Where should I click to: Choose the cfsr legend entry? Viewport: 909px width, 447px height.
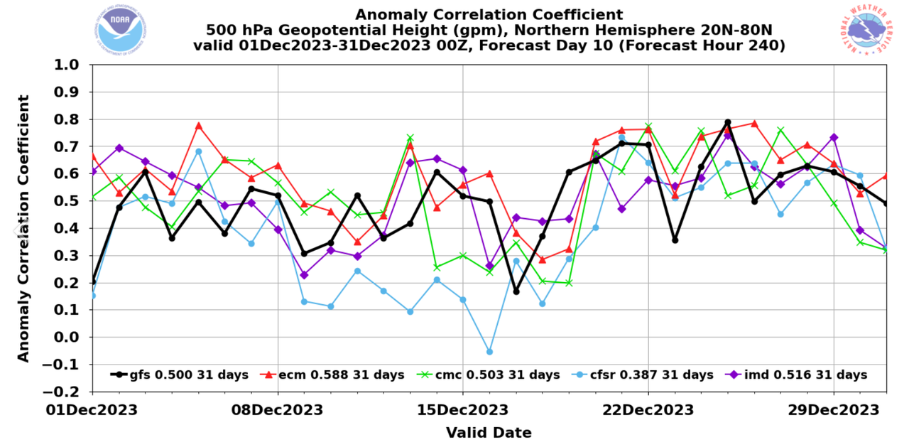(642, 375)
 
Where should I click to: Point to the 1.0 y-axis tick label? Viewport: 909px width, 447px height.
(72, 65)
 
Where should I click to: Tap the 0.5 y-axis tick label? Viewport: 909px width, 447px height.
(72, 201)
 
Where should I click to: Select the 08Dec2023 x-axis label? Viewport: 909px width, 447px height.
(278, 410)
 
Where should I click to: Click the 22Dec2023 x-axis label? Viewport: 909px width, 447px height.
(648, 410)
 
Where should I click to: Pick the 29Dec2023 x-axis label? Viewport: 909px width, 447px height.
(833, 410)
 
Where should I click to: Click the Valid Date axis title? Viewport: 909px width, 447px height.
(489, 432)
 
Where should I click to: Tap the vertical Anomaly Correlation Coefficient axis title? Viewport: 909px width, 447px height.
(23, 228)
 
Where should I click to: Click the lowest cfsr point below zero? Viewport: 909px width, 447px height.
(489, 352)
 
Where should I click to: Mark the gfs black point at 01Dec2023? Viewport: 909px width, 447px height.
(93, 281)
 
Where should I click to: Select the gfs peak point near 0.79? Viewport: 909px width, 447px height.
(727, 122)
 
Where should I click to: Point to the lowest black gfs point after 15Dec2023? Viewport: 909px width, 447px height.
(516, 291)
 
